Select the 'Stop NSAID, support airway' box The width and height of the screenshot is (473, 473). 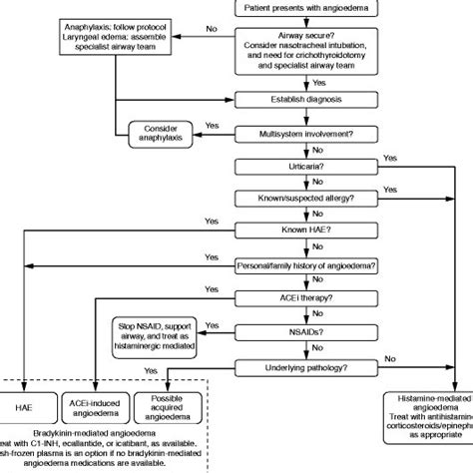[158, 340]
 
